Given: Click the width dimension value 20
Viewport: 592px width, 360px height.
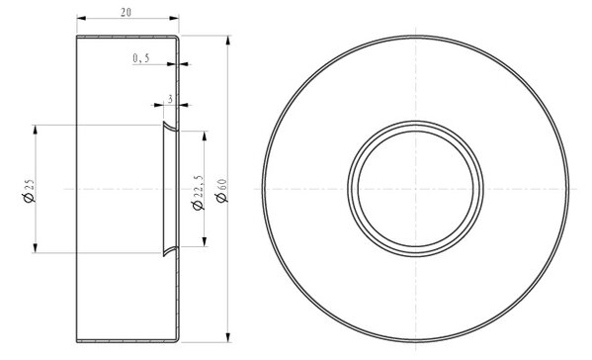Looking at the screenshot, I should pyautogui.click(x=127, y=11).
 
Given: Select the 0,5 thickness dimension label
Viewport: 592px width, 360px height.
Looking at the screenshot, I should pyautogui.click(x=140, y=59).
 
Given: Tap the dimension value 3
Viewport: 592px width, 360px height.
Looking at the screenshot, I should pyautogui.click(x=171, y=99).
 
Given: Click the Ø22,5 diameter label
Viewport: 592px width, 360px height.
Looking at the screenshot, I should pyautogui.click(x=197, y=189).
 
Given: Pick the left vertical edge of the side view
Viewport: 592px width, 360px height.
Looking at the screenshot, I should pyautogui.click(x=77, y=189).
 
